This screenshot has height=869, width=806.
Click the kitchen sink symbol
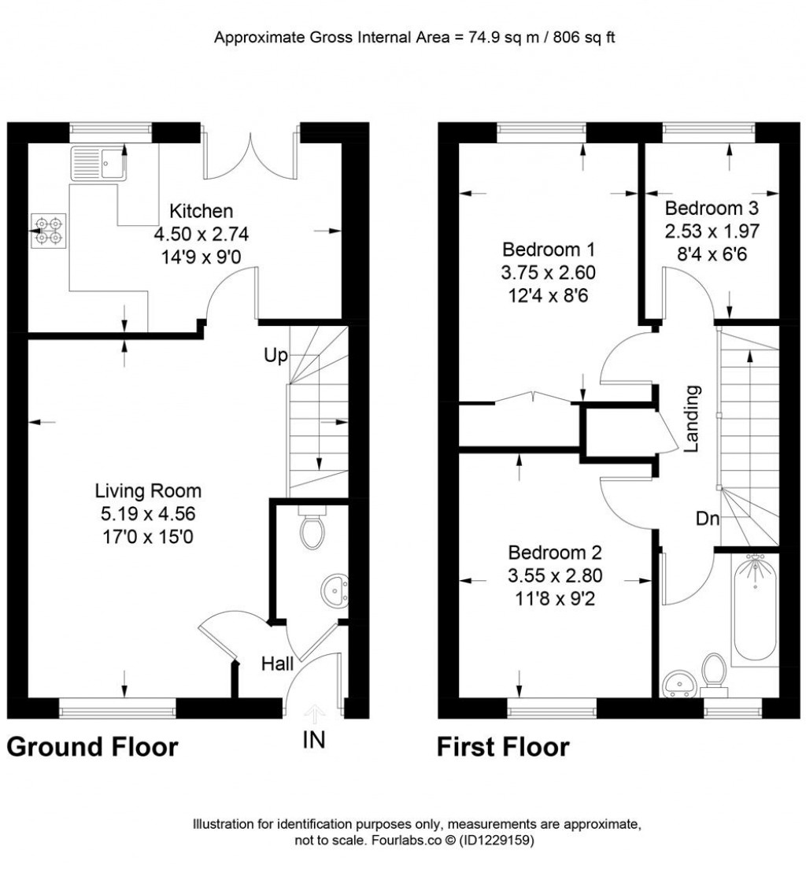[x=99, y=163]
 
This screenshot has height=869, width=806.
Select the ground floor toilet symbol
[x=312, y=531]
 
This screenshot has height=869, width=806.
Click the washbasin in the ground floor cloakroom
[x=336, y=590]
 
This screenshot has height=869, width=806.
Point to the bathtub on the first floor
[x=755, y=608]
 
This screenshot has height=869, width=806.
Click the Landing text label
[x=692, y=418]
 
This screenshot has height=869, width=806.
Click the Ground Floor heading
[x=93, y=745]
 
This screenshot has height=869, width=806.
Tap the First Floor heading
[x=503, y=745]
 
